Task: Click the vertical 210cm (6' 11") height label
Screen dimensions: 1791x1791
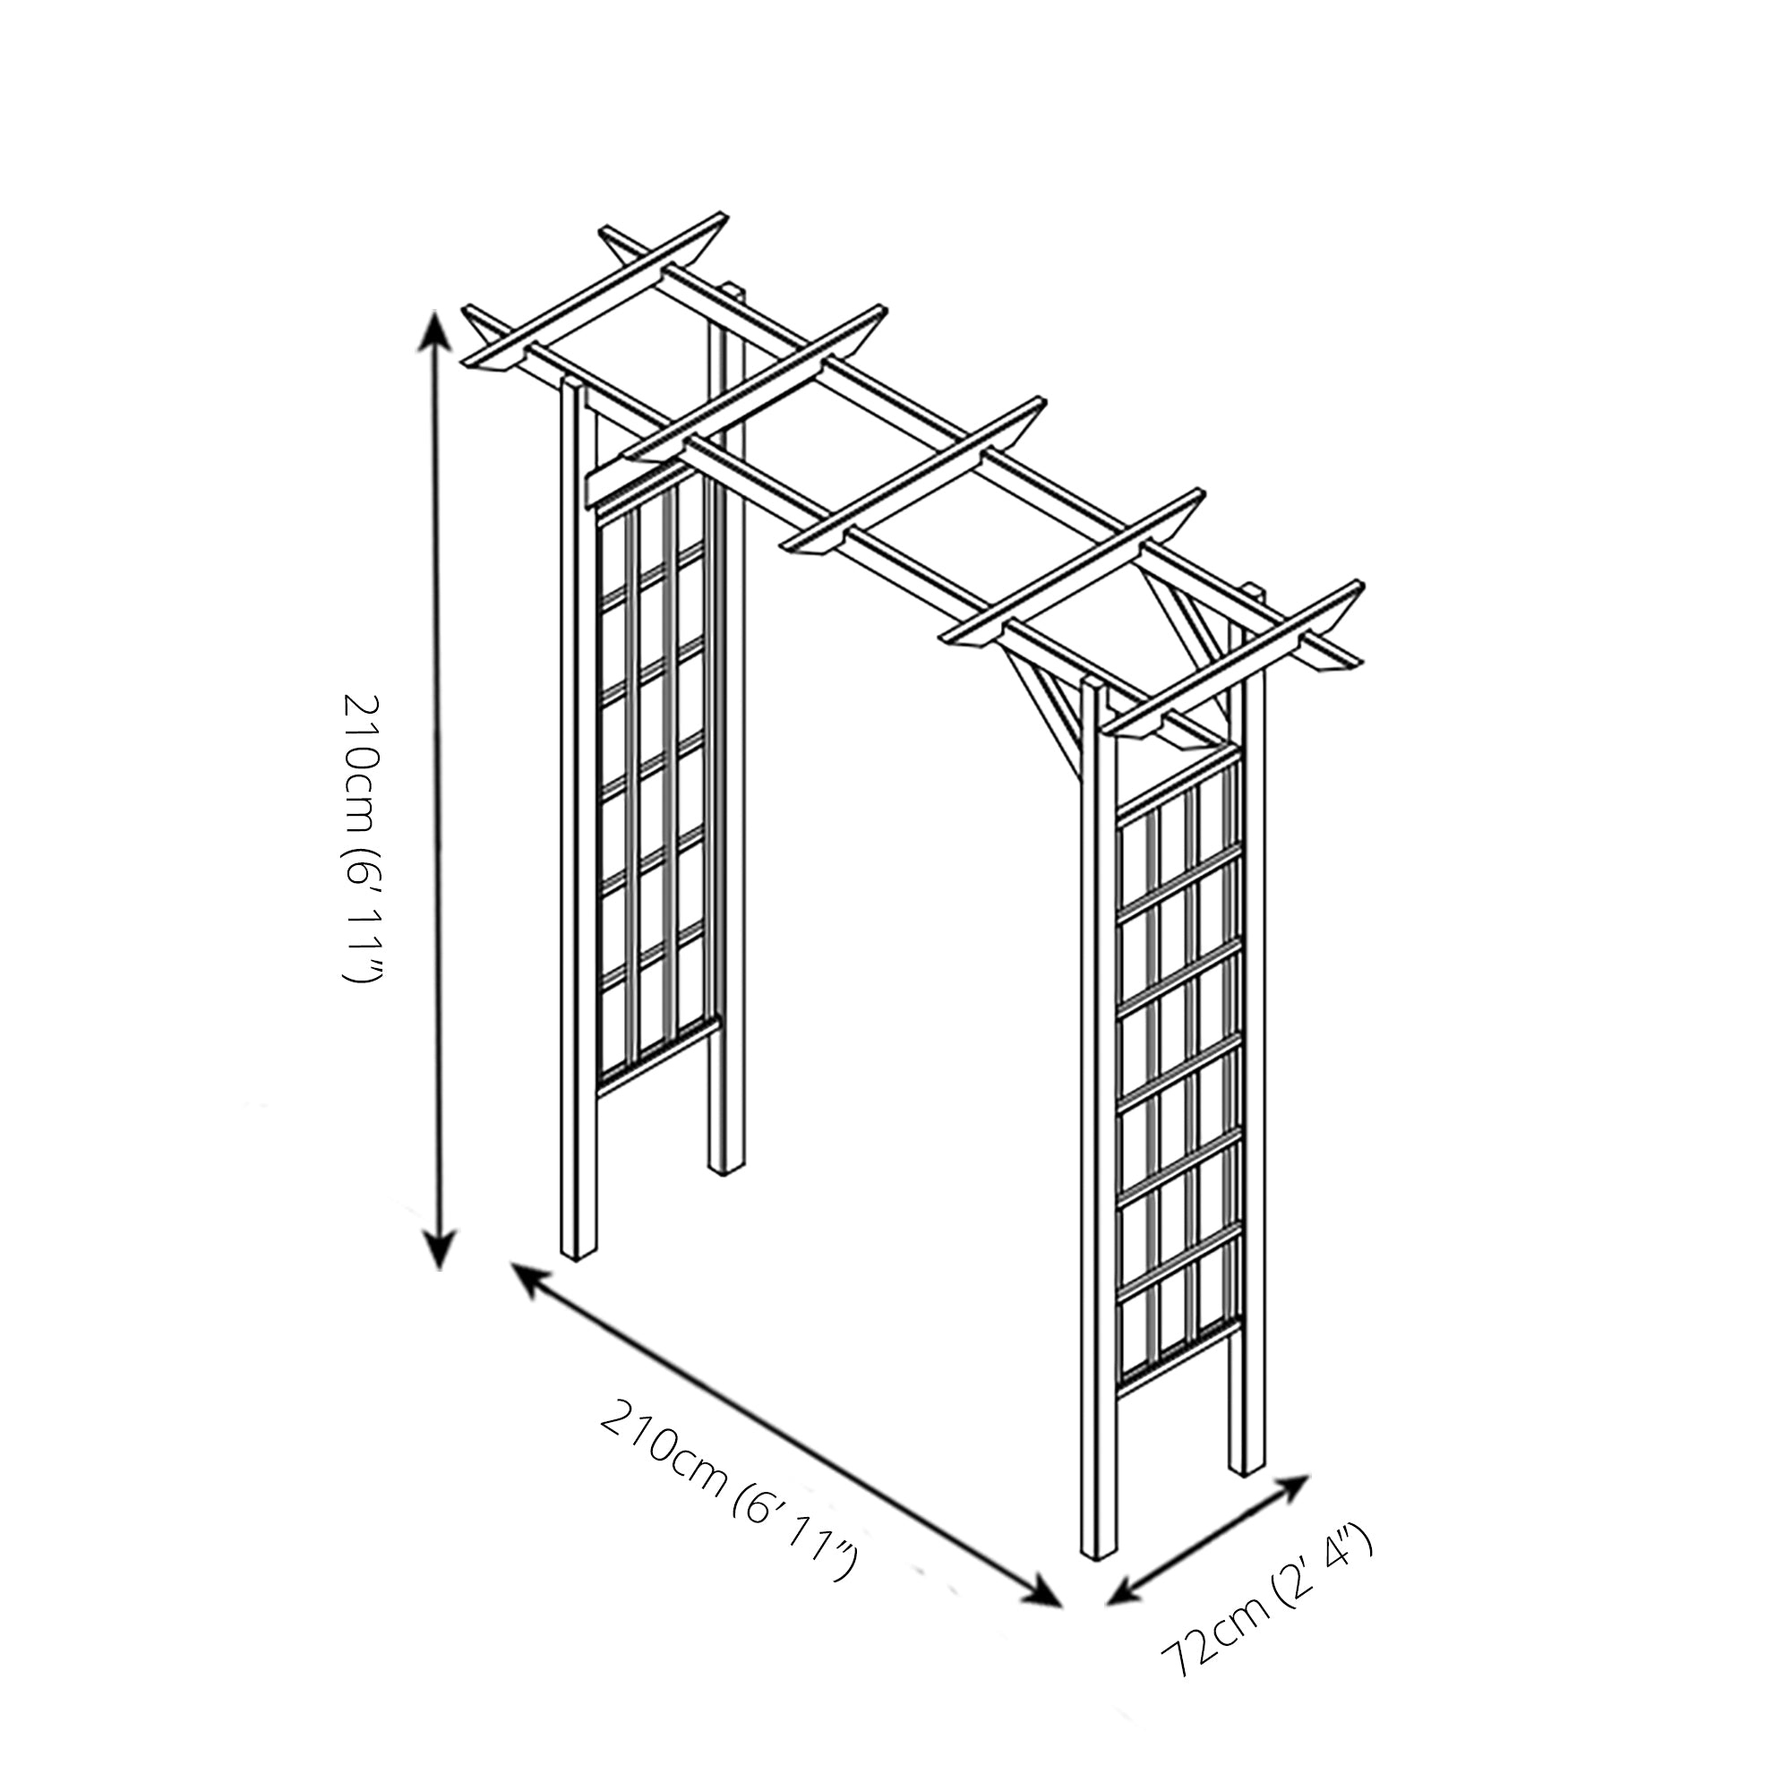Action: (359, 839)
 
